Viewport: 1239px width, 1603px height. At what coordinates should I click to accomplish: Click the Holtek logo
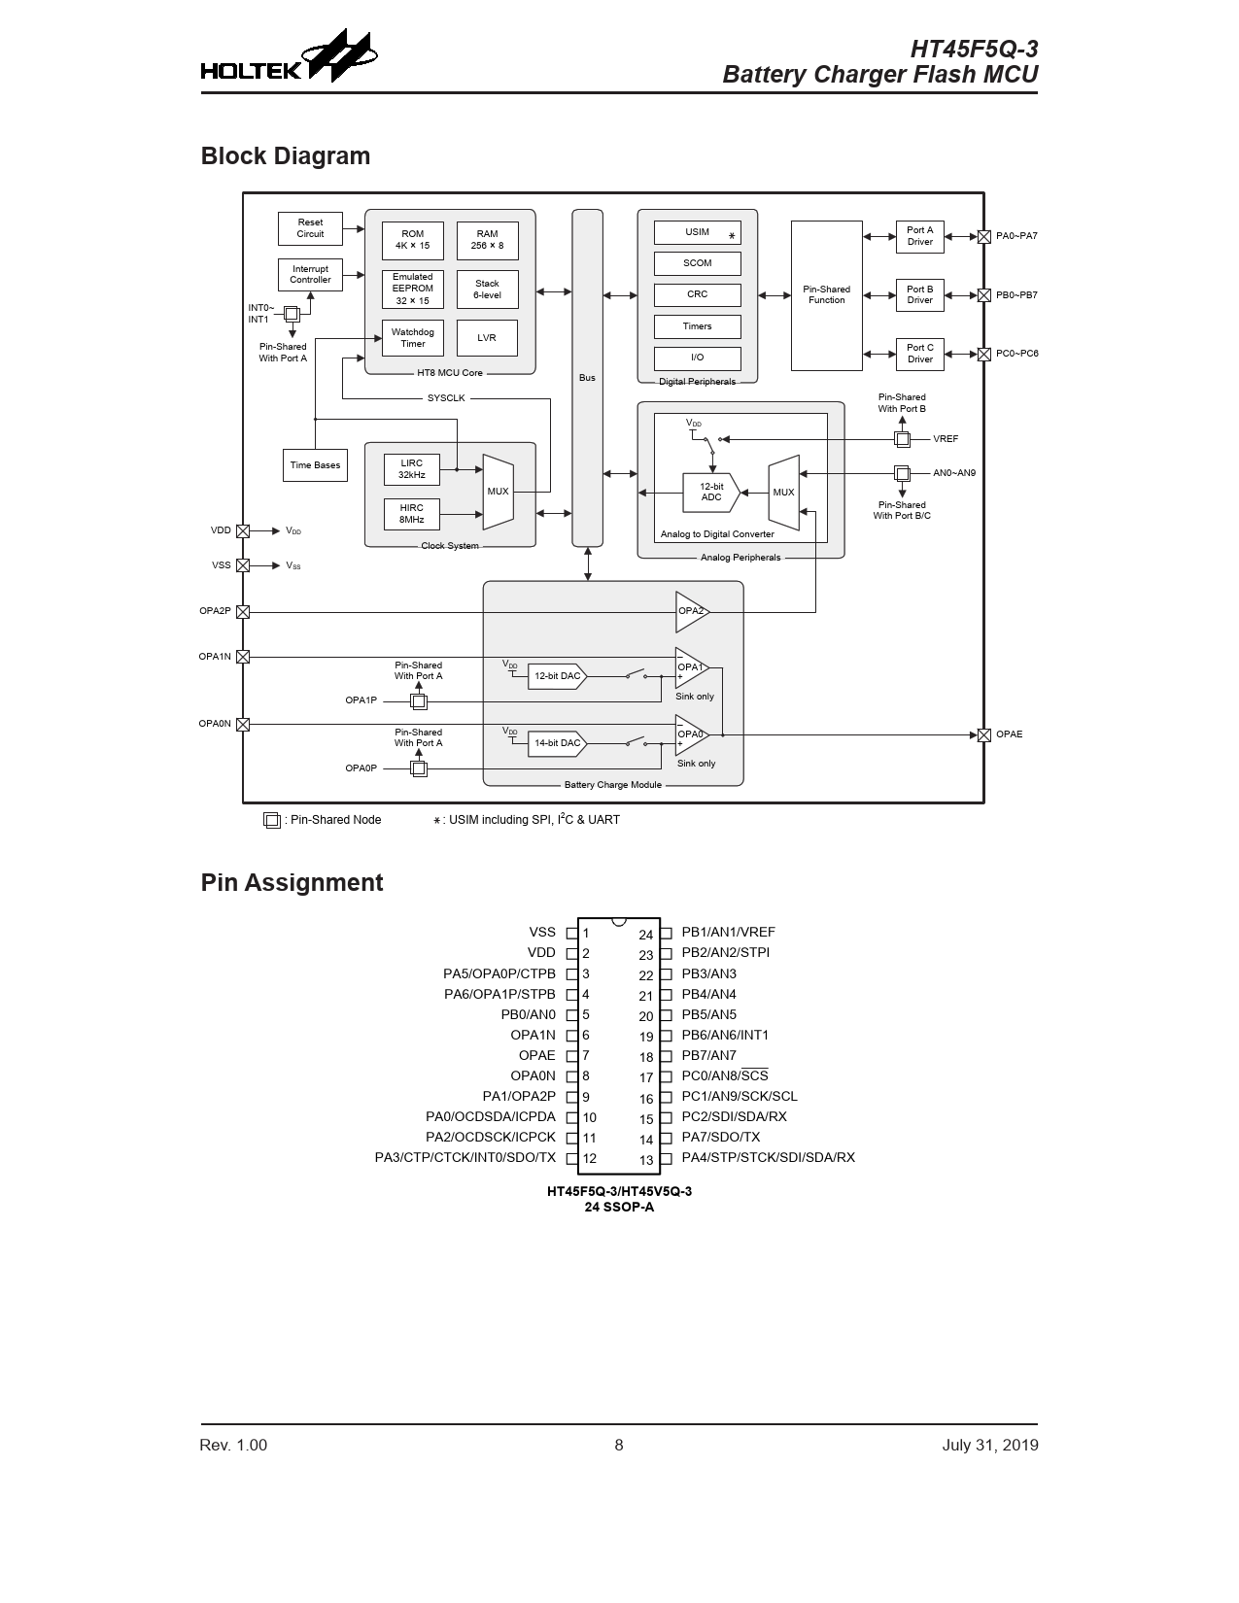tap(289, 56)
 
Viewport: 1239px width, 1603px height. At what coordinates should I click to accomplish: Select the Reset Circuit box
tap(311, 228)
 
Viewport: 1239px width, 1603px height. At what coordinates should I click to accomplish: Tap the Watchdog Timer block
tap(412, 338)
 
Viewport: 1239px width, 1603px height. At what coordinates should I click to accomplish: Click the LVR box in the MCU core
tap(487, 338)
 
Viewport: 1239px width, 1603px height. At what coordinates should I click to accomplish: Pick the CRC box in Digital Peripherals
tap(698, 294)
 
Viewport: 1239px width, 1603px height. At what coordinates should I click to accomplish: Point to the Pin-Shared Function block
tap(827, 295)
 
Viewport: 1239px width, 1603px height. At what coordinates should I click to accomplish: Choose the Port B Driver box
tap(920, 295)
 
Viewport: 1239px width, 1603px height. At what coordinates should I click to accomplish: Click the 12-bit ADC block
tap(710, 492)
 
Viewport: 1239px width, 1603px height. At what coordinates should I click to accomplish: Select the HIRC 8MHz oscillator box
tap(412, 514)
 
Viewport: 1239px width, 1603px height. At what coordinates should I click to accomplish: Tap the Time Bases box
tap(315, 465)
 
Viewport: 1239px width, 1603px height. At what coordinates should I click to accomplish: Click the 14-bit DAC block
tap(557, 743)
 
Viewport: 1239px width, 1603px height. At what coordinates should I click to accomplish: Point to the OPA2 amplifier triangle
tap(692, 611)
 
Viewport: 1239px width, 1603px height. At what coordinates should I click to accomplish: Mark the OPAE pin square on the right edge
tap(983, 734)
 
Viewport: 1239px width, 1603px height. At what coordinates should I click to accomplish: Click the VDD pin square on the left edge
tap(243, 531)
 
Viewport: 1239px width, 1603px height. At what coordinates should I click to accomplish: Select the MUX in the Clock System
tap(499, 492)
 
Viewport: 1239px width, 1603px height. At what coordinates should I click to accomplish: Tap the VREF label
tap(946, 439)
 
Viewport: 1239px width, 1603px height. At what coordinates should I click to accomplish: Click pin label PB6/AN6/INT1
tap(725, 1035)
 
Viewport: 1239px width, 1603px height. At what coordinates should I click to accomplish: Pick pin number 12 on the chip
tap(590, 1158)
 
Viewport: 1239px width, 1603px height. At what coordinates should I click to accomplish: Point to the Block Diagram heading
tap(286, 156)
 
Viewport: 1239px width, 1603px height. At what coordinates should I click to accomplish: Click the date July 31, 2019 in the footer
tap(989, 1446)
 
